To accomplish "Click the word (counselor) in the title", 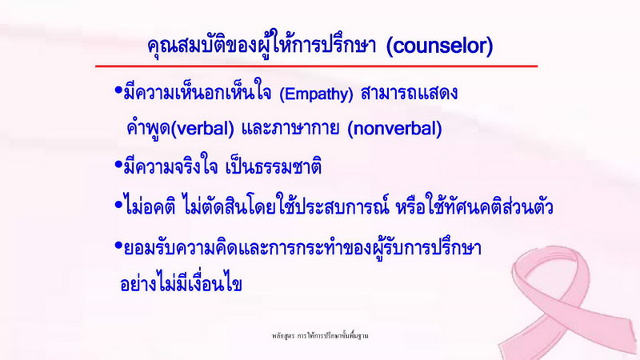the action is pyautogui.click(x=439, y=46).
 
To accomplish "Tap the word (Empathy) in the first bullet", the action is pyautogui.click(x=316, y=94).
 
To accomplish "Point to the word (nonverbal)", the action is pyautogui.click(x=394, y=129).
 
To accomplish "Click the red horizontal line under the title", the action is pyautogui.click(x=316, y=66).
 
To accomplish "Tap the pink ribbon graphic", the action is pyautogui.click(x=571, y=302).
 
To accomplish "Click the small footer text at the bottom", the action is pyautogui.click(x=321, y=336).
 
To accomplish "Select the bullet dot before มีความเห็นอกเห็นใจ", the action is pyautogui.click(x=118, y=90).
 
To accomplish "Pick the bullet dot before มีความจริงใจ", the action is pyautogui.click(x=118, y=165).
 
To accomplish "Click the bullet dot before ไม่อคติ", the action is pyautogui.click(x=118, y=204).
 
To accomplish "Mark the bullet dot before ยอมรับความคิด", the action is pyautogui.click(x=118, y=246).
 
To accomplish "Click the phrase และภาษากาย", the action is pyautogui.click(x=290, y=129).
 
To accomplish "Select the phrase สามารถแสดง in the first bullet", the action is pyautogui.click(x=409, y=93).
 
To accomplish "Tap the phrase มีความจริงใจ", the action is pyautogui.click(x=170, y=167).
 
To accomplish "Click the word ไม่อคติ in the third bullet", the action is pyautogui.click(x=150, y=207).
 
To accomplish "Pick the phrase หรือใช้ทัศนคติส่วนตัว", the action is pyautogui.click(x=474, y=207).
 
